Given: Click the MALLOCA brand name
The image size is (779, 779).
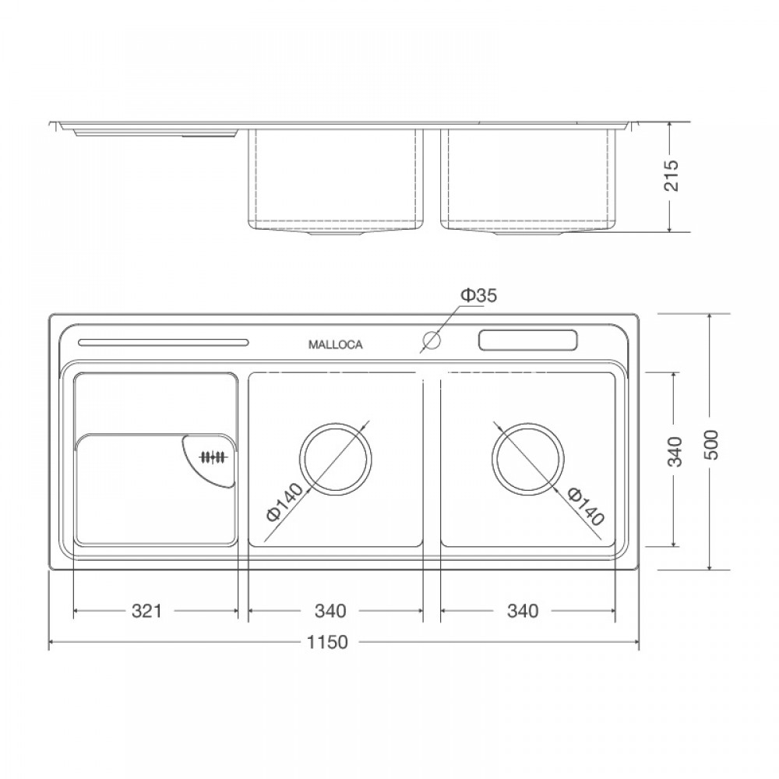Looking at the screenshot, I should pyautogui.click(x=335, y=344).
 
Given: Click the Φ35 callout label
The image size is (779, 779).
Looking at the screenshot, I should pyautogui.click(x=478, y=295).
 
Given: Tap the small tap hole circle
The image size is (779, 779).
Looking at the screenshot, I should pyautogui.click(x=430, y=340).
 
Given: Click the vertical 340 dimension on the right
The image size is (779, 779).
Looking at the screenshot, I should pyautogui.click(x=675, y=452).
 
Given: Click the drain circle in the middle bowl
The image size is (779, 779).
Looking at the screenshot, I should pyautogui.click(x=336, y=459).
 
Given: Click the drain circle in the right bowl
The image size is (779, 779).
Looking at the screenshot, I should pyautogui.click(x=527, y=459).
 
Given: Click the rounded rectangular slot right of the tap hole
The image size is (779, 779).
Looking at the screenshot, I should pyautogui.click(x=527, y=340).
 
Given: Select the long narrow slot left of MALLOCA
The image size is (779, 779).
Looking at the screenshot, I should pyautogui.click(x=164, y=342).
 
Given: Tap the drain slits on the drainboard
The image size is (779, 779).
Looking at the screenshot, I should pyautogui.click(x=212, y=458).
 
